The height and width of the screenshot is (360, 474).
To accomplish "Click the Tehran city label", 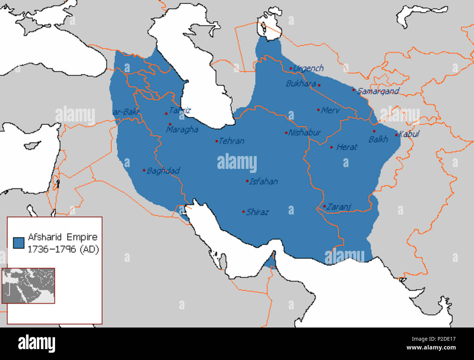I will (232, 141).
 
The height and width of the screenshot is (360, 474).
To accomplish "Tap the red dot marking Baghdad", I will (144, 170).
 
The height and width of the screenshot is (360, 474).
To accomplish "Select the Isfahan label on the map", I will (263, 182).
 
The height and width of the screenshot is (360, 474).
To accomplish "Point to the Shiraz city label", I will (257, 212).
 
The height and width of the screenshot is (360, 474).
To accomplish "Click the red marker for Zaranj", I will (325, 206).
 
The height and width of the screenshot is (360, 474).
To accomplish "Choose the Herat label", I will (346, 147).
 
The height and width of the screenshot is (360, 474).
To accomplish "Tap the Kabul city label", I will (409, 134).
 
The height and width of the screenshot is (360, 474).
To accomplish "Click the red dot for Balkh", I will (374, 131).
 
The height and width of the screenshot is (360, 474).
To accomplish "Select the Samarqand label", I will (378, 91).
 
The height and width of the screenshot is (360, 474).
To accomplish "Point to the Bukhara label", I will (301, 84).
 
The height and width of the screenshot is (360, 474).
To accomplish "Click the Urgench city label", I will (308, 68).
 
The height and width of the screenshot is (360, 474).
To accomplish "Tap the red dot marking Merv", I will (318, 110).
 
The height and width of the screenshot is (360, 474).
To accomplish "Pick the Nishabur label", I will (304, 133).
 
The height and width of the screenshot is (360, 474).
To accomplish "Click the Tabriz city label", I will (180, 111).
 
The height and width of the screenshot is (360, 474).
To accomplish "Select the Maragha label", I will (182, 129).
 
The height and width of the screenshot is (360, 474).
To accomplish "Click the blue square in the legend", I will (19, 243).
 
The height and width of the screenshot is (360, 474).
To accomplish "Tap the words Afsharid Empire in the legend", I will (63, 237).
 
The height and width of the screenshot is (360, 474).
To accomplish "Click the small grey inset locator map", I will (28, 286).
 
